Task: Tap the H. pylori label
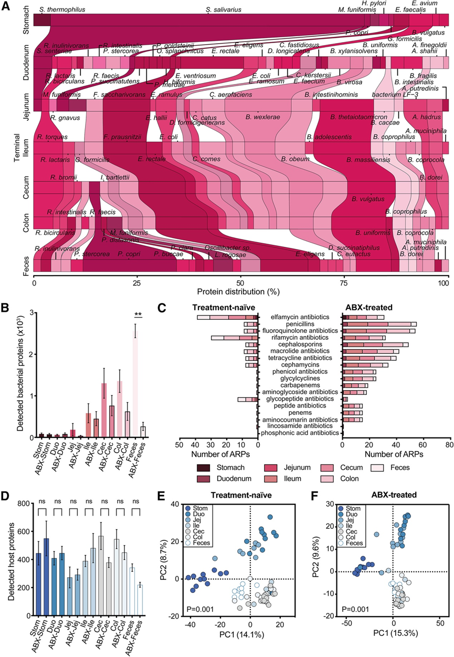pos(372,4)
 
